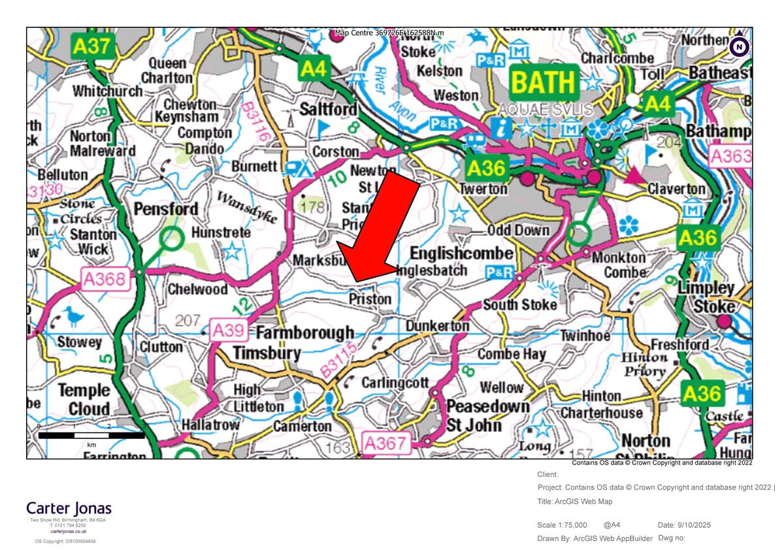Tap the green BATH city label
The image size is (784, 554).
[544, 82]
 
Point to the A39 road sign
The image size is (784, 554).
[228, 331]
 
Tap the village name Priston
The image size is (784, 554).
[370, 299]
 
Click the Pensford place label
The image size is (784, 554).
[165, 209]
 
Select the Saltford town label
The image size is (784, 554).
[328, 108]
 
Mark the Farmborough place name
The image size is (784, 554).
[304, 333]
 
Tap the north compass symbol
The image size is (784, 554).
[739, 45]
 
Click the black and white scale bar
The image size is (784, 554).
[92, 435]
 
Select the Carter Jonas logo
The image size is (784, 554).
[69, 508]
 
